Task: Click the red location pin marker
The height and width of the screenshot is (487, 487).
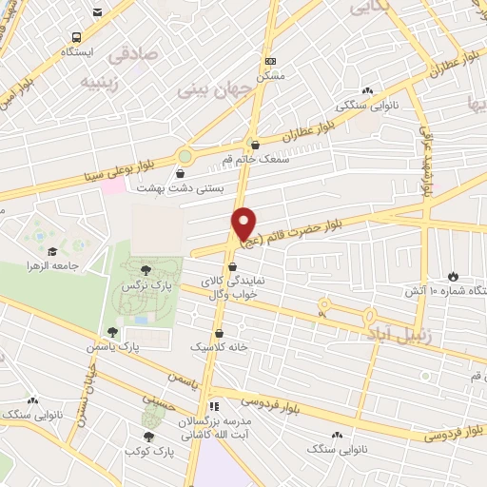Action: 244,224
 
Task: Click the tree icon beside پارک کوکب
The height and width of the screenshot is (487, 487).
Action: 146,436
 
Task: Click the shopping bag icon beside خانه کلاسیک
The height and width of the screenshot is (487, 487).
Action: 220,335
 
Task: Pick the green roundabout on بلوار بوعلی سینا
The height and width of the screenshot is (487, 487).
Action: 185,156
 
